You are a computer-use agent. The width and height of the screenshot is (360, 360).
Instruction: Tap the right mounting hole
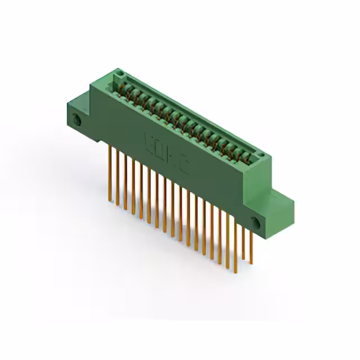click(x=256, y=222)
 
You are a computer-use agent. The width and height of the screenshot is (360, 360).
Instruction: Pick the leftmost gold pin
click(x=110, y=172)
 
